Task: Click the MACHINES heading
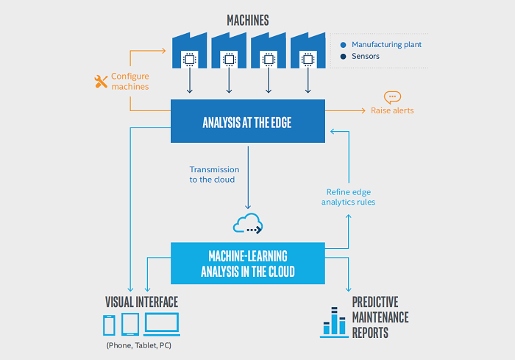[x=248, y=21]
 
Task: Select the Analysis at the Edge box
[x=248, y=121]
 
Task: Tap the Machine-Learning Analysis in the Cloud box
[x=248, y=264]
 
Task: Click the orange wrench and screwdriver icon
[x=101, y=82]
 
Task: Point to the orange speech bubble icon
[x=392, y=97]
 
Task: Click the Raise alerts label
[x=392, y=110]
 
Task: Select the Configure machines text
[x=130, y=81]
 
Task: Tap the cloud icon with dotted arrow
[x=248, y=224]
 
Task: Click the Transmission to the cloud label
[x=214, y=174]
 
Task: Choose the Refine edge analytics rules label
[x=348, y=197]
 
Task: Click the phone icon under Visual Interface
[x=109, y=325]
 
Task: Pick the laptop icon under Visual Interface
[x=162, y=324]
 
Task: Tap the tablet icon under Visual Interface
[x=130, y=324]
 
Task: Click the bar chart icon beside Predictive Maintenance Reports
[x=334, y=322]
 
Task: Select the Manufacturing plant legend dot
[x=344, y=45]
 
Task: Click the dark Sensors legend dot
[x=344, y=56]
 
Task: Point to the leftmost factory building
[x=190, y=50]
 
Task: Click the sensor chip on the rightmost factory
[x=308, y=60]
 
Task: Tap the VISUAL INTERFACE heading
[x=141, y=302]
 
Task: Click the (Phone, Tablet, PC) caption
[x=138, y=345]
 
